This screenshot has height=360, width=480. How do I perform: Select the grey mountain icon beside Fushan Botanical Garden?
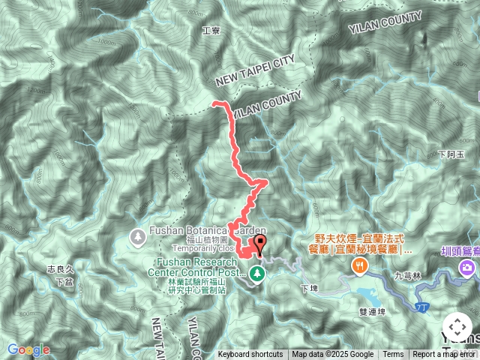click(x=138, y=238)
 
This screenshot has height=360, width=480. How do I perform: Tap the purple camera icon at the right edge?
click(x=469, y=268)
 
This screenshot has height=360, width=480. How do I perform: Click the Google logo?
click(x=28, y=349)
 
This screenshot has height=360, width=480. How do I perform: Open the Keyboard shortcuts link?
click(x=250, y=355)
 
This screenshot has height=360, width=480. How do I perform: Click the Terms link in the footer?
click(x=393, y=355)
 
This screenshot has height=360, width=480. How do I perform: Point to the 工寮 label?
click(x=210, y=31)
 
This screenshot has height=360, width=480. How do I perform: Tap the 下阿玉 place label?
click(x=451, y=154)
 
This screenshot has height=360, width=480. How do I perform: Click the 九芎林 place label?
click(x=409, y=276)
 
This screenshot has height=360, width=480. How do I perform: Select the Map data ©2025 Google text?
click(x=333, y=355)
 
